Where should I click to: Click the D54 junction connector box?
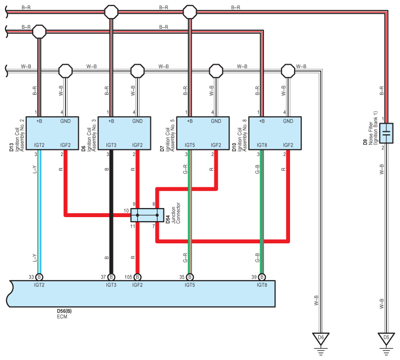click(x=147, y=215)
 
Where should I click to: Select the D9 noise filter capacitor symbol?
click(x=386, y=133)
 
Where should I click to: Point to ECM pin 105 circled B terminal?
click(x=138, y=277)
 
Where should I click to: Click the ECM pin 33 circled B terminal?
click(x=39, y=277)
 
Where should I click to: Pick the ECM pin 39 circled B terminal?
click(x=262, y=277)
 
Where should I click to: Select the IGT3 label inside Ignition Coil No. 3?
click(x=111, y=145)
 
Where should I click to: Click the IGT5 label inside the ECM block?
click(x=190, y=285)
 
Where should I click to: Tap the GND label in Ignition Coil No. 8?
click(x=288, y=121)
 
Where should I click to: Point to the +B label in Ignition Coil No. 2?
click(x=39, y=121)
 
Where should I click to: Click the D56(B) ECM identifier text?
click(x=64, y=311)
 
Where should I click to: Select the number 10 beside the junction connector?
click(x=126, y=211)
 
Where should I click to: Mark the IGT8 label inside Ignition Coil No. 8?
click(x=262, y=145)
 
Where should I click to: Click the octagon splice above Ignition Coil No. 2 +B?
click(x=39, y=32)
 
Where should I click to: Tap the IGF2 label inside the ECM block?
click(x=138, y=285)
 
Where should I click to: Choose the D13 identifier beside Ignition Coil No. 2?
click(x=12, y=147)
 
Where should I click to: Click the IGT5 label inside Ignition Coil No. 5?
click(x=190, y=145)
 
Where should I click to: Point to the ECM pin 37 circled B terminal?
click(x=111, y=277)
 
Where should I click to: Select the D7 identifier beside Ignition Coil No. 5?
click(x=162, y=148)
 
